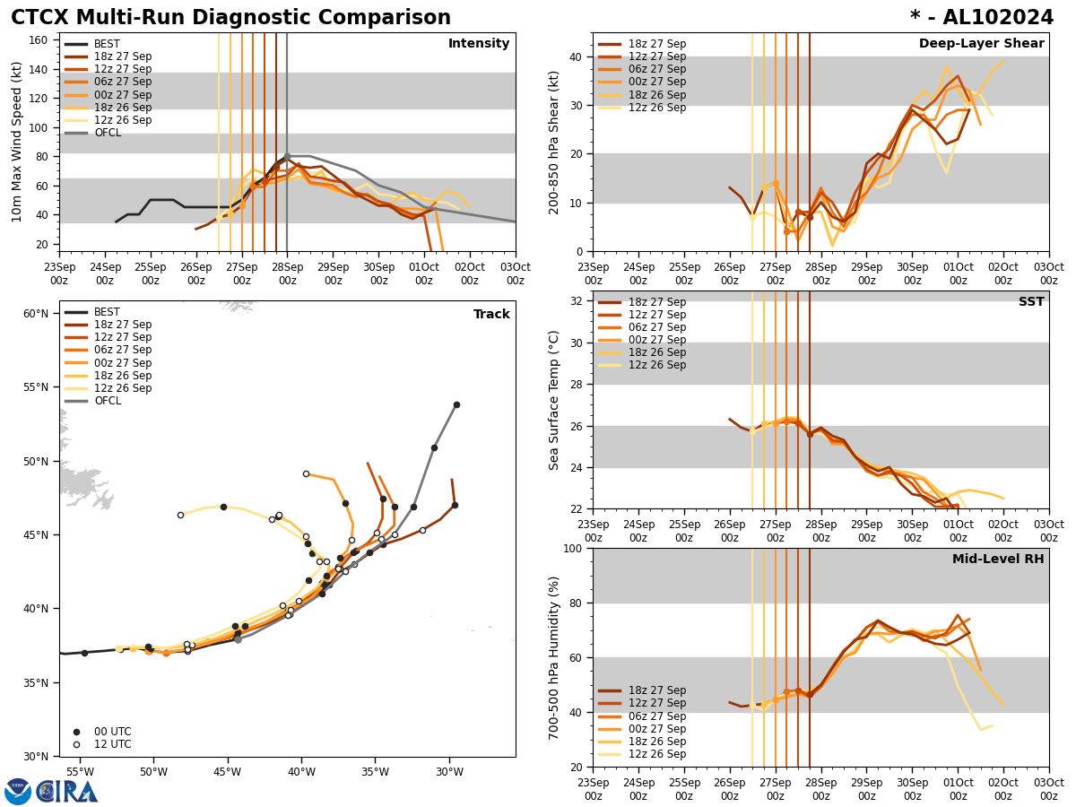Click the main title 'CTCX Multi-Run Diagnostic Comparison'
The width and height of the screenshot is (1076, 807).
(230, 18)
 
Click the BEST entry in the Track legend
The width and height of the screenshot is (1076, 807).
(107, 312)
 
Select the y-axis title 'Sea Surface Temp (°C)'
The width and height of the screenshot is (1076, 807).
(555, 400)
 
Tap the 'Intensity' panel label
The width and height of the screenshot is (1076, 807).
(479, 44)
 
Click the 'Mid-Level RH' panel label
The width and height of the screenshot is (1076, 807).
(998, 560)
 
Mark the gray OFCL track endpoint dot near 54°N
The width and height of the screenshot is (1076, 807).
(456, 404)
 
